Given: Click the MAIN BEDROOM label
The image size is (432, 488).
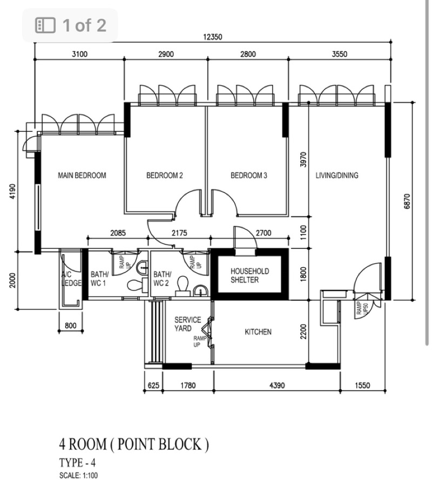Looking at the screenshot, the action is [x=82, y=175].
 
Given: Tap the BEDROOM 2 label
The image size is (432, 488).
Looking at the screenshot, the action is [x=165, y=175].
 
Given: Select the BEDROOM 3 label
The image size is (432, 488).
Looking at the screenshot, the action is [x=249, y=175].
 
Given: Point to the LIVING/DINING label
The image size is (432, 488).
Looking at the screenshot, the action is [x=337, y=175].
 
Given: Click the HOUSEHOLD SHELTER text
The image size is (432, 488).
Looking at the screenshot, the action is [x=249, y=275].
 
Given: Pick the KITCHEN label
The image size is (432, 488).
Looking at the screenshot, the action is [x=258, y=332].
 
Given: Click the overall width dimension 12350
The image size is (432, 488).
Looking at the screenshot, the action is [x=213, y=37].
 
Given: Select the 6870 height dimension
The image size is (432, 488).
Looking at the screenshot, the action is [x=407, y=201].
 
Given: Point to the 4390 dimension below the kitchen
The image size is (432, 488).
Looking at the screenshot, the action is [x=277, y=385].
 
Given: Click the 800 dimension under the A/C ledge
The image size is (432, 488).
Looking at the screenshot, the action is [x=71, y=326].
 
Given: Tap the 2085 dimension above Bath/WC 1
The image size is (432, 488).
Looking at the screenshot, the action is [x=118, y=233].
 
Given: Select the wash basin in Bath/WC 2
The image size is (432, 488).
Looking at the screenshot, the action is [x=201, y=292].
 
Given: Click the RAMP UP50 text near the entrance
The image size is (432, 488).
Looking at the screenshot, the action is [x=362, y=308].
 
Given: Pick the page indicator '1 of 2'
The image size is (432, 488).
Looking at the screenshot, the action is [x=84, y=25].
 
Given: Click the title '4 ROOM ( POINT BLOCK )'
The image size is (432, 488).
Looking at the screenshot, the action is [x=134, y=444].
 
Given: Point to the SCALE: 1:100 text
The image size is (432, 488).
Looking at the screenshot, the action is [x=78, y=476].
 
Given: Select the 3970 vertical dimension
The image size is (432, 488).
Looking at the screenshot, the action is [x=303, y=160].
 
